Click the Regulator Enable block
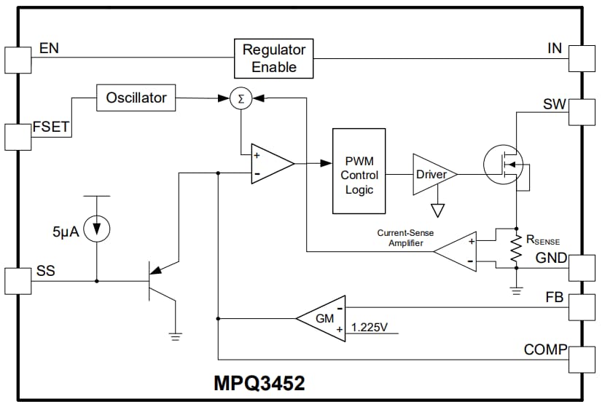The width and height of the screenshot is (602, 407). click(x=274, y=59)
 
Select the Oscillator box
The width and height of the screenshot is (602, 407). click(x=136, y=98)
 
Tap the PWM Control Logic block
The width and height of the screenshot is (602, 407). click(x=359, y=171)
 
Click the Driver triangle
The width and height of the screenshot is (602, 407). click(x=431, y=175)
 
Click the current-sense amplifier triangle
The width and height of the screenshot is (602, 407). click(x=457, y=251)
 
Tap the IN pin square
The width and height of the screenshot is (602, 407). click(x=583, y=59)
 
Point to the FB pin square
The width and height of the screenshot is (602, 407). click(x=583, y=307)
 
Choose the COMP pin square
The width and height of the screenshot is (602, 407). click(x=583, y=359)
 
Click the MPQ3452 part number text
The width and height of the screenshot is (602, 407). click(x=259, y=384)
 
